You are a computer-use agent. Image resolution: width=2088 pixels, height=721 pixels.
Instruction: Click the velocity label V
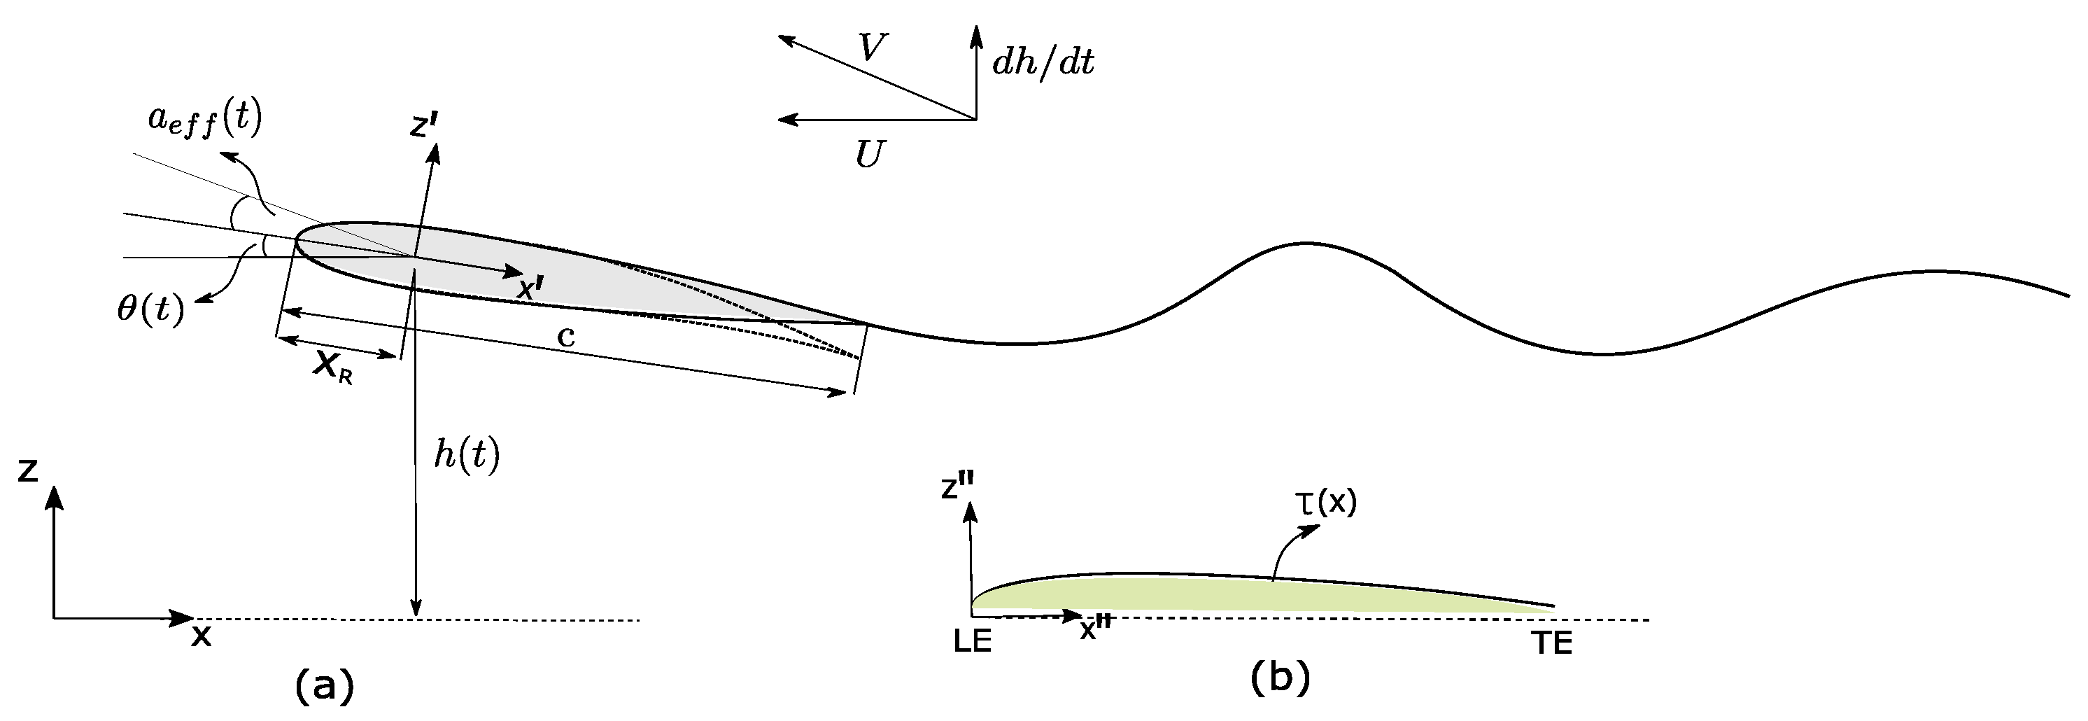[x=872, y=49]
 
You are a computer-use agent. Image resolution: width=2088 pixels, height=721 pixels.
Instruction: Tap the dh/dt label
[x=1043, y=62]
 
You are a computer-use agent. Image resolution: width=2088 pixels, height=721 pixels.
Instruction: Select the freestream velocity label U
[x=870, y=154]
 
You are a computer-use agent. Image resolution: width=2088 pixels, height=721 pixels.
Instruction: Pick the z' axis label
[x=424, y=126]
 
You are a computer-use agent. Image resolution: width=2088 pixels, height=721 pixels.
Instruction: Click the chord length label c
[x=566, y=336]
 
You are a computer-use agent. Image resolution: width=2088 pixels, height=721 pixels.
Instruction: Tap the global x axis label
[x=201, y=637]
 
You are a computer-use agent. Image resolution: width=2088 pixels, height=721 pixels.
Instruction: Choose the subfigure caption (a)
[x=324, y=686]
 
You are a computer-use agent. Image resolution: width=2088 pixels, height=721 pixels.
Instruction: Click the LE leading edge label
[x=973, y=643]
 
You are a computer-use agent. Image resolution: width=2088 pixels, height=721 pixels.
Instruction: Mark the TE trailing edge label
[x=1552, y=644]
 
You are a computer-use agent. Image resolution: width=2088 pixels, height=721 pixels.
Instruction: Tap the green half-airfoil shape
[x=1216, y=595]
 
